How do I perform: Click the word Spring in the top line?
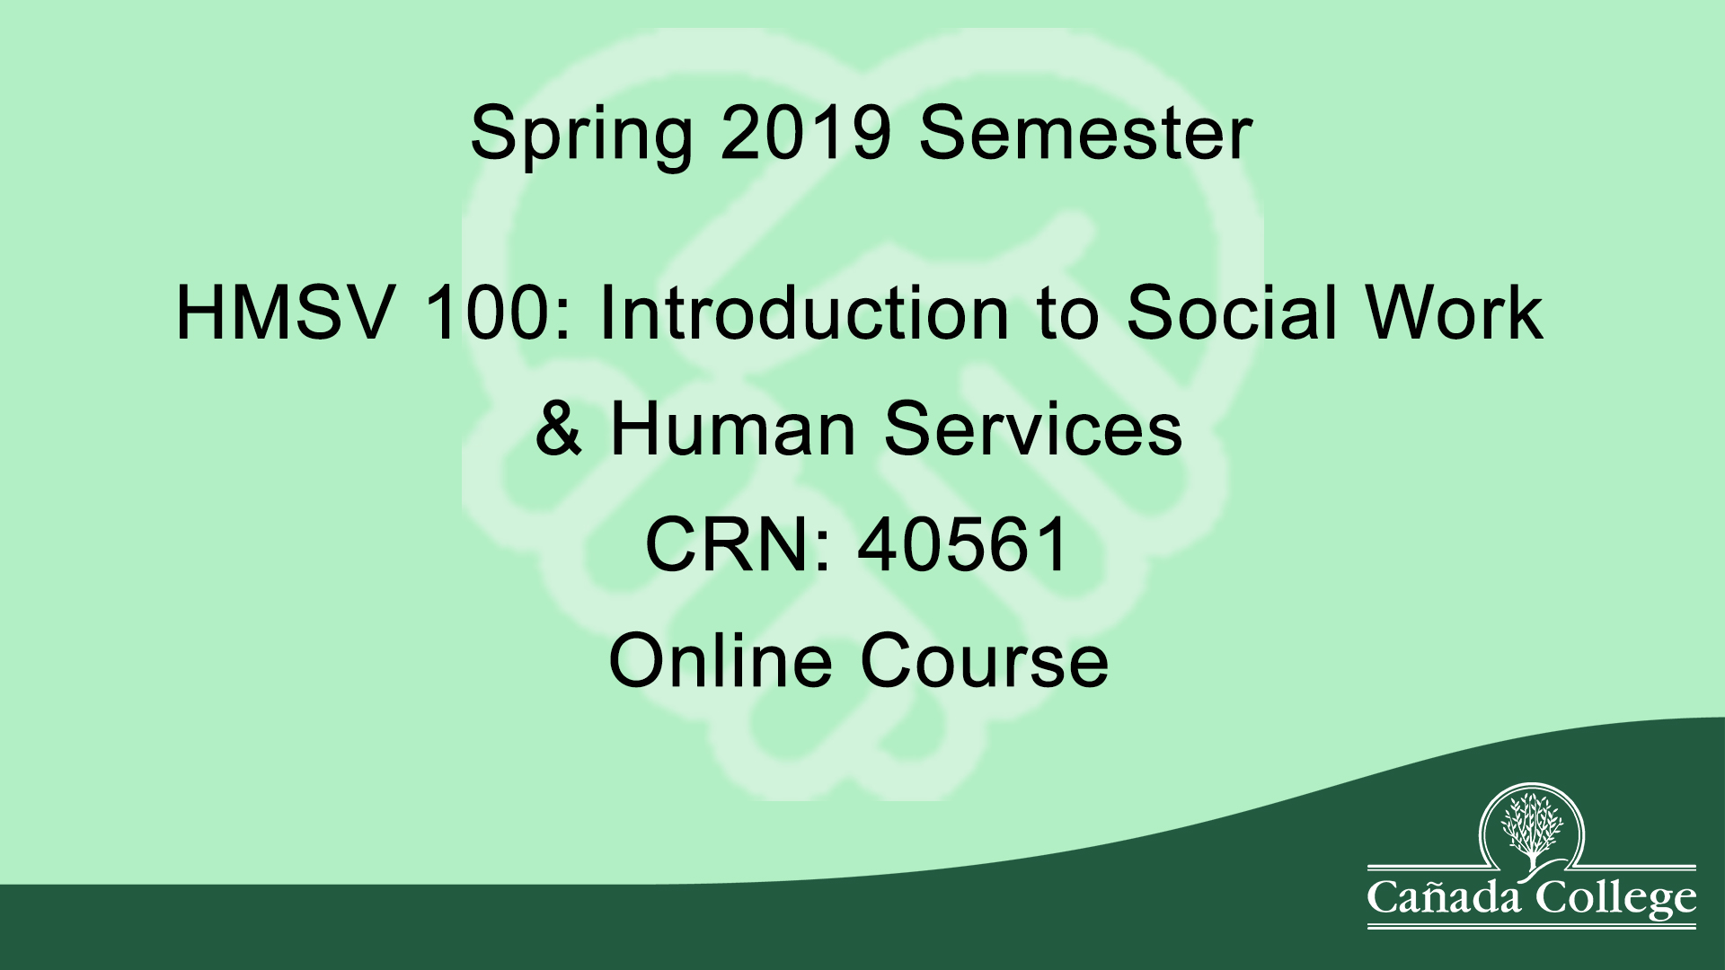[x=581, y=135]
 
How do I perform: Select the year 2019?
[x=805, y=133]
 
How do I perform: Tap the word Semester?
[x=1085, y=133]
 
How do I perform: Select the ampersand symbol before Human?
[x=558, y=428]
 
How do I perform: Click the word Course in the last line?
[x=985, y=660]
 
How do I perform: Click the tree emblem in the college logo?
[x=1532, y=827]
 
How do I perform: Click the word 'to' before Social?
[x=1067, y=315]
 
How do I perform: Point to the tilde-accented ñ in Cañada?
[x=1441, y=898]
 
